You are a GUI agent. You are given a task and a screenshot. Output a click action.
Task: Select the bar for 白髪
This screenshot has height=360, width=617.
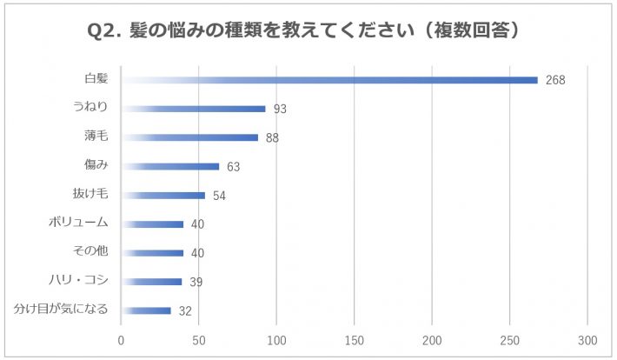(330, 80)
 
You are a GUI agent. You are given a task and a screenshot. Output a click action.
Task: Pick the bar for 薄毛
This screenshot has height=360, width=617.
(190, 137)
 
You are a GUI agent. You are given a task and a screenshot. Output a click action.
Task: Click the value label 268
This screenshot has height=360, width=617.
(555, 80)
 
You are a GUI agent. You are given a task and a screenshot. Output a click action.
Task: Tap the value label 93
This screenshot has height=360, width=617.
(280, 110)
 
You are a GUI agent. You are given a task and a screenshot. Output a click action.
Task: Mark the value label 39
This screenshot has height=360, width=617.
(196, 282)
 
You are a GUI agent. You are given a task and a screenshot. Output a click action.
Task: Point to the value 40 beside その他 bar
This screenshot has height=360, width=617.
(197, 253)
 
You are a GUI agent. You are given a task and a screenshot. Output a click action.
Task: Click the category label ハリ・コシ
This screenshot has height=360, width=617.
(78, 280)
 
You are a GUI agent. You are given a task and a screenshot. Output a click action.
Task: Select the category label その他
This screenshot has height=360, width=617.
(91, 251)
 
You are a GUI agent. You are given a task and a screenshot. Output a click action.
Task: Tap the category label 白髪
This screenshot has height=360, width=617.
(96, 79)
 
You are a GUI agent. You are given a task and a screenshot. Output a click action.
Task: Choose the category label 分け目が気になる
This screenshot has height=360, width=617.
(60, 309)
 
